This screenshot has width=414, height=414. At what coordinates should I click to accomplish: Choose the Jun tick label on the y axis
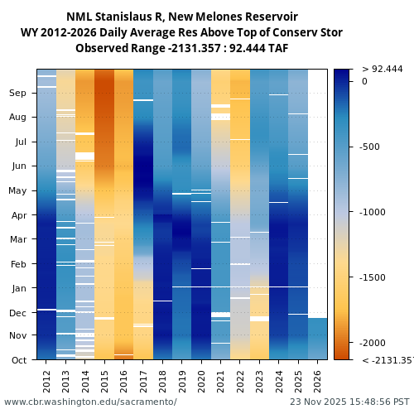pyautogui.click(x=18, y=166)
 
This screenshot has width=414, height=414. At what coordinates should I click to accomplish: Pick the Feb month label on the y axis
pyautogui.click(x=18, y=264)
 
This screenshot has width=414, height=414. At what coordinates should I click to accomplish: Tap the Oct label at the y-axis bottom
pyautogui.click(x=18, y=359)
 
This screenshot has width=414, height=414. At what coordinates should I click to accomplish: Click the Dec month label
pyautogui.click(x=18, y=312)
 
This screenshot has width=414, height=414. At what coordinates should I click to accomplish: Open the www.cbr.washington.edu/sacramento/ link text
pyautogui.click(x=90, y=402)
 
